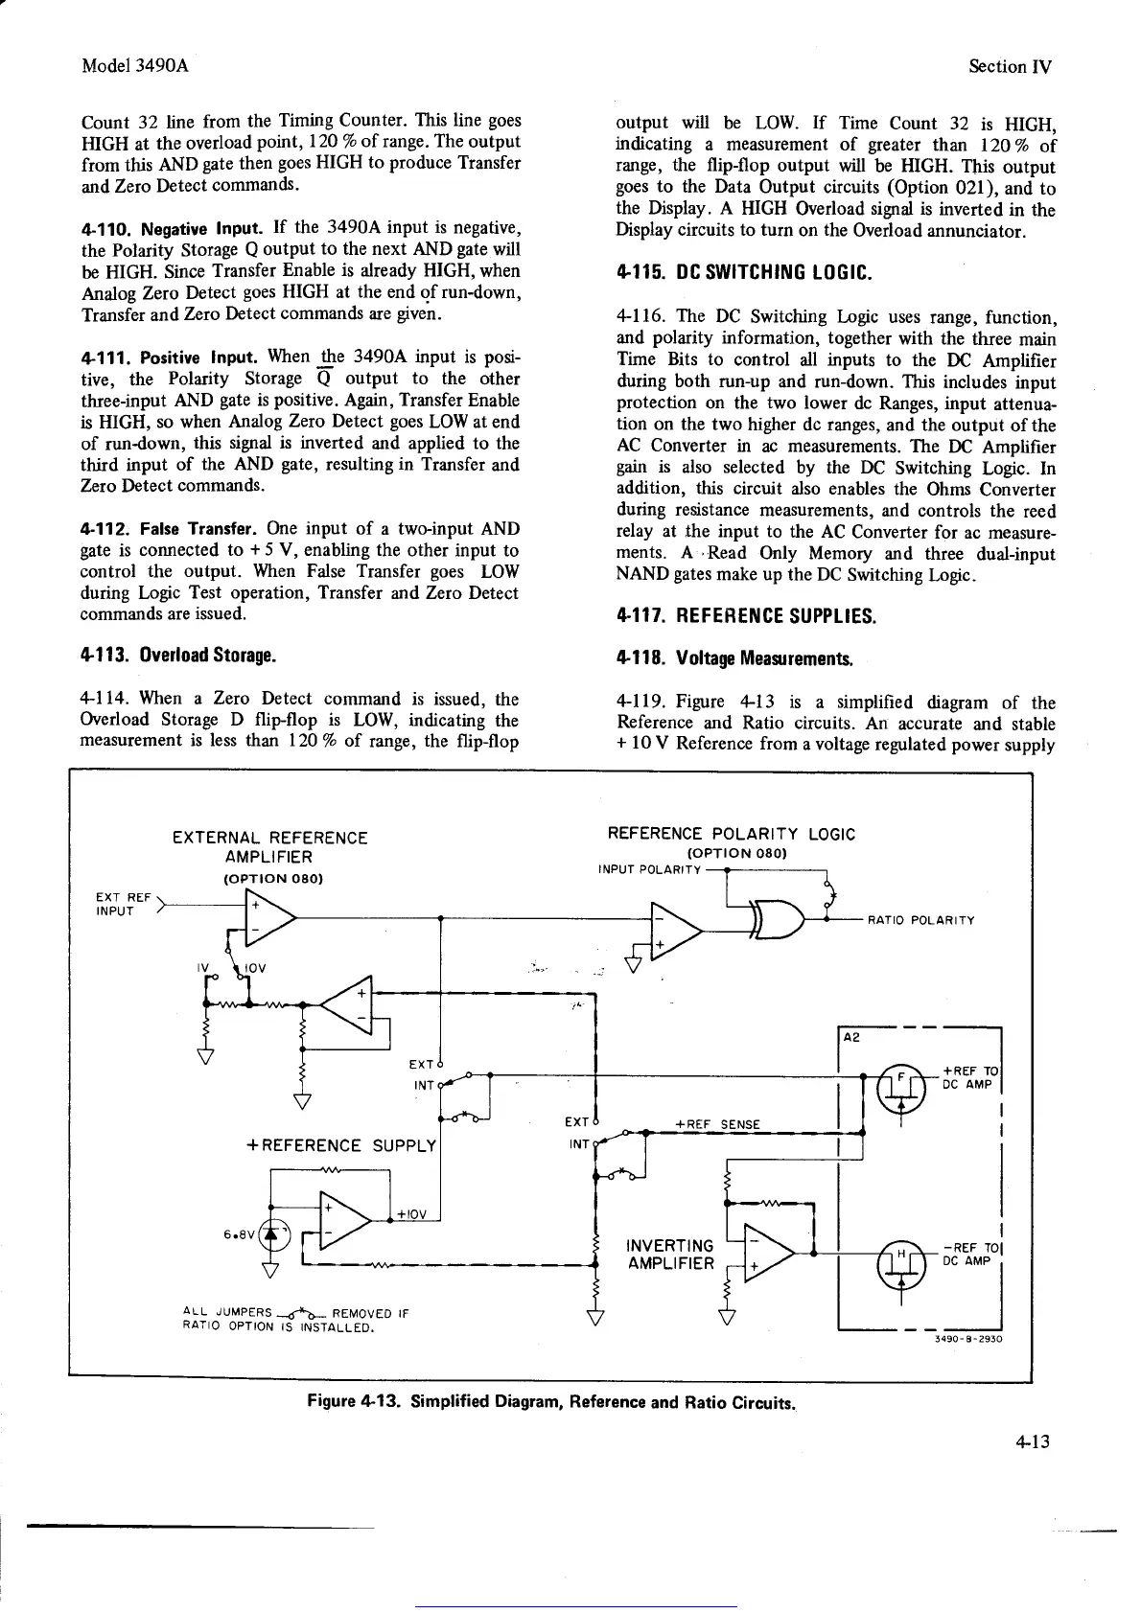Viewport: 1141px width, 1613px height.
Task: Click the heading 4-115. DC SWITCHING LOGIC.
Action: (x=743, y=274)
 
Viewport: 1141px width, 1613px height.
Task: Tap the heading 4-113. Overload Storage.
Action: (x=179, y=657)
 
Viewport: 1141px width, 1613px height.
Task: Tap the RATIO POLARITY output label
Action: (x=920, y=920)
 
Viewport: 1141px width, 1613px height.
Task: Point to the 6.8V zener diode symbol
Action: (x=271, y=1234)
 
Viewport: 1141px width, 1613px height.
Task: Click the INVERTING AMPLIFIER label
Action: (x=670, y=1255)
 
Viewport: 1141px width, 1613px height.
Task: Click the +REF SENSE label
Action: (x=717, y=1124)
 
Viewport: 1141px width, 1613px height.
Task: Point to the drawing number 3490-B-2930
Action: (x=968, y=1340)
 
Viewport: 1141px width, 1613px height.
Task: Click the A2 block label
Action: (x=852, y=1037)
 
